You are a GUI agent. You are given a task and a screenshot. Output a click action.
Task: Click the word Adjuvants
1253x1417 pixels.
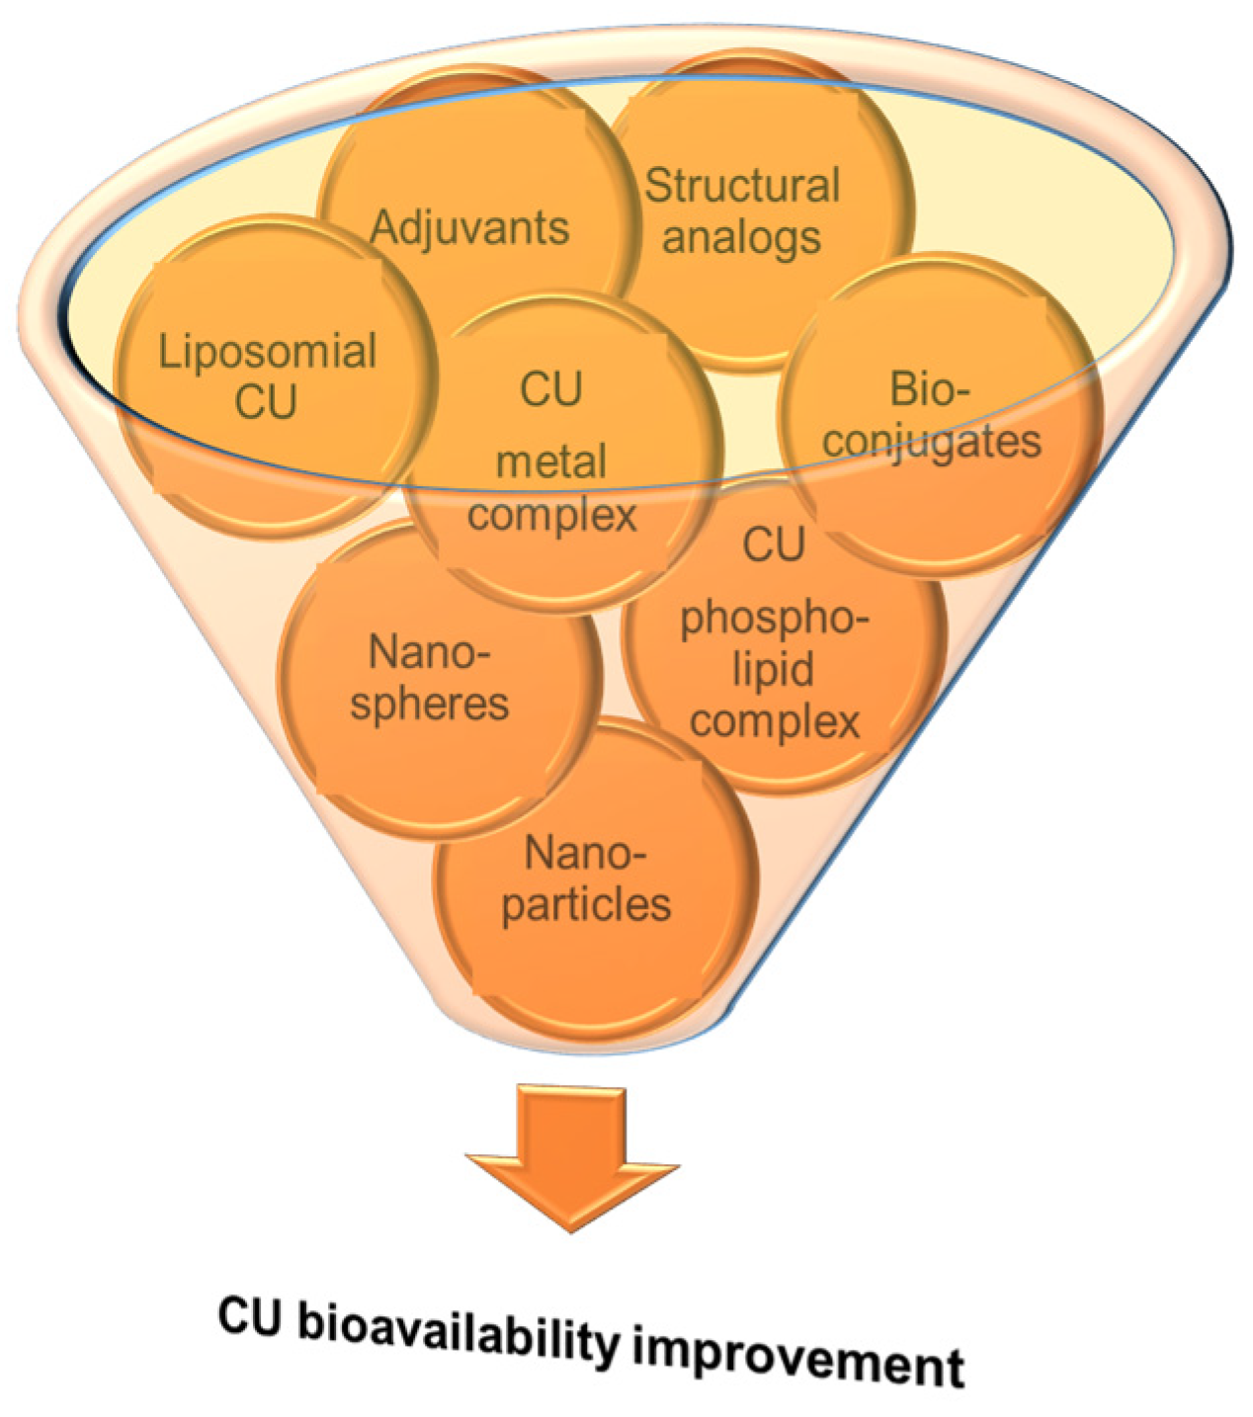pos(469,227)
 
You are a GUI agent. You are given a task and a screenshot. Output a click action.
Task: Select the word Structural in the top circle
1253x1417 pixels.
pos(742,186)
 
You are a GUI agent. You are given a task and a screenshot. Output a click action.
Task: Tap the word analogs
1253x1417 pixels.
pos(741,237)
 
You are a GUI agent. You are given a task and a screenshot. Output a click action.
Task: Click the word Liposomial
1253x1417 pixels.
pos(268,352)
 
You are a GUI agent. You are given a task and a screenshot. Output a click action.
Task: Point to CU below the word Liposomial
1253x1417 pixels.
pos(267,402)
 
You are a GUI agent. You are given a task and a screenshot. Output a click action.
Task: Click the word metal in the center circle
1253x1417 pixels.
pos(550,461)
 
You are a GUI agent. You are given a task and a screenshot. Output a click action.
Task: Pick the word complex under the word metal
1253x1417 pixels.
pos(551,514)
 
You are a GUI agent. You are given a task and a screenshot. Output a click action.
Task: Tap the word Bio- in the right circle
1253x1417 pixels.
pos(930,389)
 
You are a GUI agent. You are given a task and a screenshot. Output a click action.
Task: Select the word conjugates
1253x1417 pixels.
pos(932,441)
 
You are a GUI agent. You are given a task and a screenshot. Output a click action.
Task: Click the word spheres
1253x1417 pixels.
pos(430,704)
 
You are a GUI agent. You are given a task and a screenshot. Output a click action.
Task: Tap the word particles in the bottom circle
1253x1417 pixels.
pos(586,903)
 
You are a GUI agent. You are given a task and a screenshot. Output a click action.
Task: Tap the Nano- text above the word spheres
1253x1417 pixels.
pos(430,653)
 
